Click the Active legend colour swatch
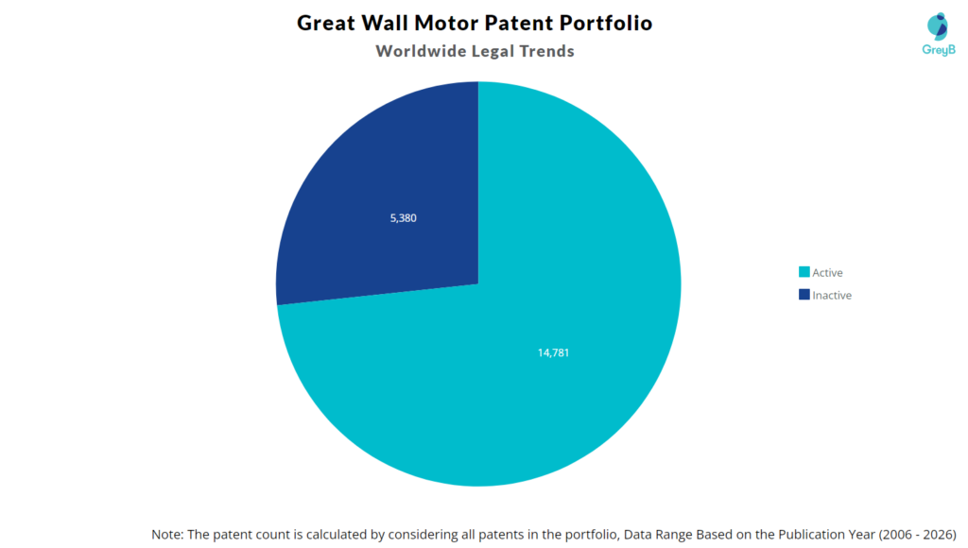(804, 273)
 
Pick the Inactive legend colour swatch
(804, 295)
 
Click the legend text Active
(827, 273)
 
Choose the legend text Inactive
(832, 295)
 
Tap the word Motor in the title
(446, 23)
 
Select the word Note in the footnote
(167, 534)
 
